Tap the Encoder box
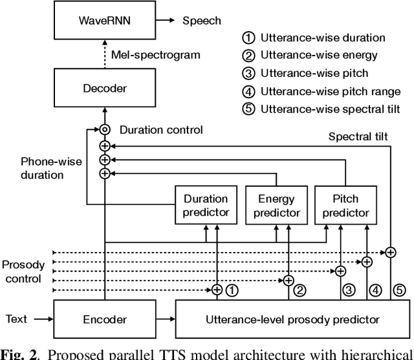104,319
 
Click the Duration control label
161,130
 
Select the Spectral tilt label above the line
359,136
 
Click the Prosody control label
23,271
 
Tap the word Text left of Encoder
17,319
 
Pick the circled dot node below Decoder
104,130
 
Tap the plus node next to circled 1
217,290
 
